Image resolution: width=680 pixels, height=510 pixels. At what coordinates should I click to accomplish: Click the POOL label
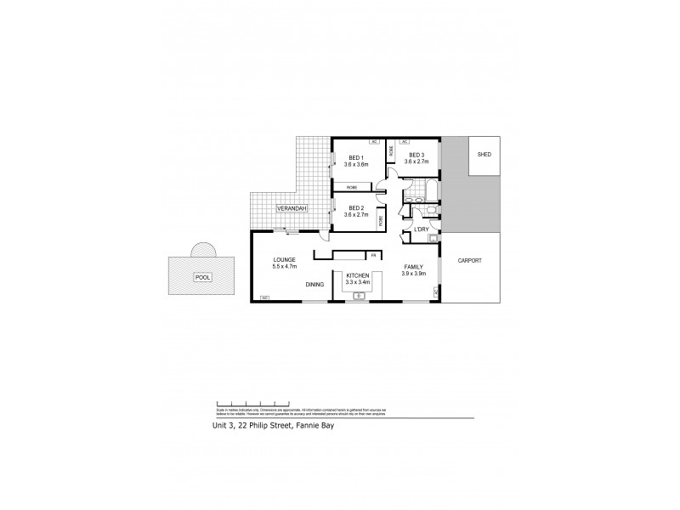(x=202, y=277)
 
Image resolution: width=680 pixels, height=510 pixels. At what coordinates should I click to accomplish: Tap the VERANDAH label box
(x=290, y=208)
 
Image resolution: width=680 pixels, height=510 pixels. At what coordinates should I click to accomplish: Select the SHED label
(x=484, y=155)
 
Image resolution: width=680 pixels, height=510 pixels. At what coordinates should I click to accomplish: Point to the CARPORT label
(x=469, y=260)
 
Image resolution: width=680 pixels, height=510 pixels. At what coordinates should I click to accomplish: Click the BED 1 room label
(x=356, y=156)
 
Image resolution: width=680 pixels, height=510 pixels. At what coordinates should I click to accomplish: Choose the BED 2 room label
(x=356, y=209)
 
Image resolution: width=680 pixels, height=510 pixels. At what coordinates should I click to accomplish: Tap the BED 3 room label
(x=416, y=155)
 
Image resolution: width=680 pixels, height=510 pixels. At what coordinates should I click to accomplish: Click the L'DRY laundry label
(x=421, y=229)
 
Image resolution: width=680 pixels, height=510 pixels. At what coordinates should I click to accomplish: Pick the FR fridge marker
(x=372, y=254)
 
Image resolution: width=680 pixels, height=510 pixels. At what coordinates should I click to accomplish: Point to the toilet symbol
(x=430, y=208)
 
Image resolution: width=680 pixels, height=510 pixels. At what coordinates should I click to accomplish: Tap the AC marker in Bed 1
(x=372, y=141)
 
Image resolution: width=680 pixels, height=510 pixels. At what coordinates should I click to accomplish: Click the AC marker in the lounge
(x=264, y=297)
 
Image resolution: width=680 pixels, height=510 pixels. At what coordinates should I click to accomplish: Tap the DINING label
(x=314, y=284)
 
